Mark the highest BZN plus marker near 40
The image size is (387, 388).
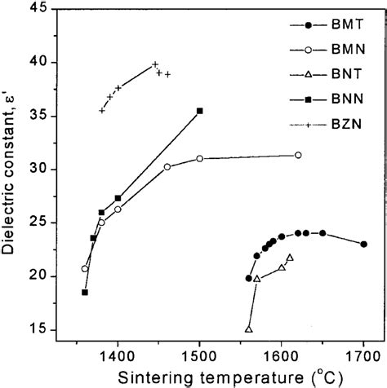click(x=155, y=64)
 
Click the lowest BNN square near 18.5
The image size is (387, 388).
click(x=85, y=292)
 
